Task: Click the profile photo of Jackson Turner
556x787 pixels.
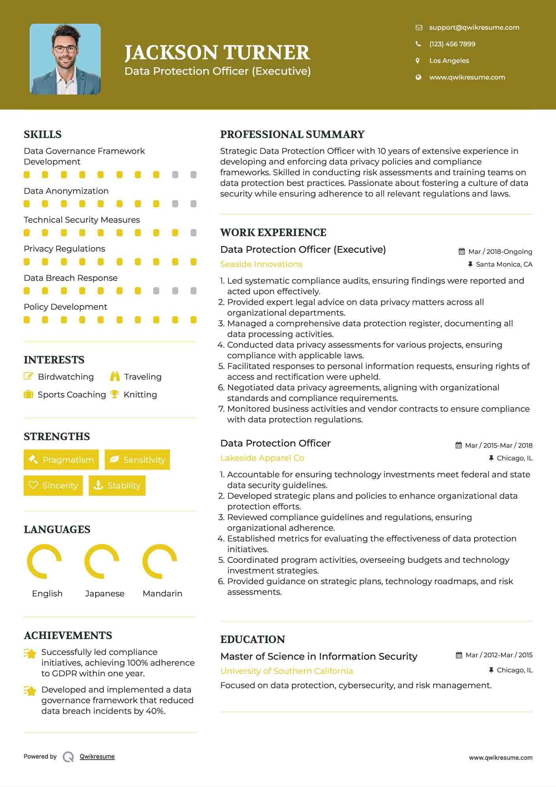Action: [65, 59]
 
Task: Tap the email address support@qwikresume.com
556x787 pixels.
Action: [474, 27]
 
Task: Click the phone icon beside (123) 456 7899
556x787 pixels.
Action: [418, 44]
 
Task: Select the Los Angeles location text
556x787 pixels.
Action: [449, 61]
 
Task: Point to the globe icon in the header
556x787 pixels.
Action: [418, 77]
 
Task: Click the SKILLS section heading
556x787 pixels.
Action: [43, 134]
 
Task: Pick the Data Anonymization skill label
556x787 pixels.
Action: [66, 191]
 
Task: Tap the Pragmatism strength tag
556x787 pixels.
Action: [61, 460]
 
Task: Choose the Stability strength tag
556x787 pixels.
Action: [117, 485]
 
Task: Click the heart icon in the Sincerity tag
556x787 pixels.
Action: [33, 485]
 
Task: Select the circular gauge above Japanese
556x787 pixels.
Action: [102, 561]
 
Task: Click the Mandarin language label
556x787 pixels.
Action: [162, 593]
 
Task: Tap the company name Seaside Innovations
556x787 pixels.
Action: [261, 264]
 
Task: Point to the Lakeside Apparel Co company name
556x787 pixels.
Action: [262, 458]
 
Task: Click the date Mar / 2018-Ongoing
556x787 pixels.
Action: [500, 252]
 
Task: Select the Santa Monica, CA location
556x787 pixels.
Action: [504, 264]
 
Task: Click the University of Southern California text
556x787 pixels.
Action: [286, 671]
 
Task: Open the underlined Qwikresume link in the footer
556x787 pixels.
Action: [97, 757]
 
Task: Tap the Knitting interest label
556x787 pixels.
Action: [140, 395]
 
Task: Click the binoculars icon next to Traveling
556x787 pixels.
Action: [115, 376]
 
